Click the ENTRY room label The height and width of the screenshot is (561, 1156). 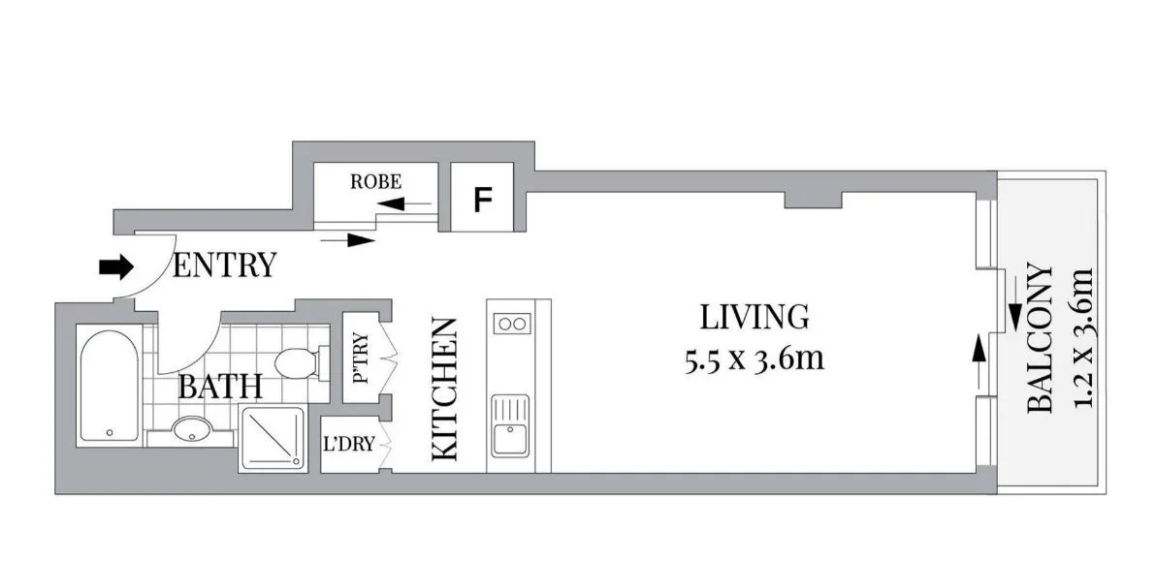click(223, 265)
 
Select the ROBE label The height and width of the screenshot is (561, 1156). click(375, 181)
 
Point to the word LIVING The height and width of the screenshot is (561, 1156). click(754, 316)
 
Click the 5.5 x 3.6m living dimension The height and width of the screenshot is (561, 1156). click(754, 358)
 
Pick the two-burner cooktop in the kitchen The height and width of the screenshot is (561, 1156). click(510, 324)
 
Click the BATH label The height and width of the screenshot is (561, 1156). click(220, 388)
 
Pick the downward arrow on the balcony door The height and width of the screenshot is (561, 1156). click(1014, 312)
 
